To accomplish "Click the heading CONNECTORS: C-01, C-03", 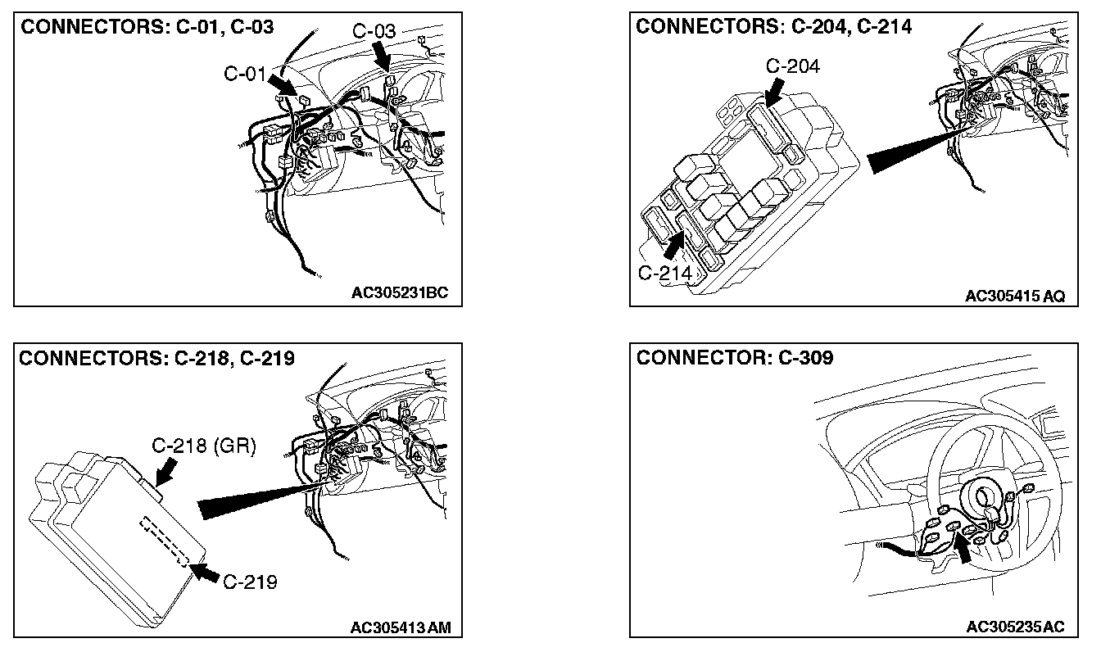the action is pos(147,27).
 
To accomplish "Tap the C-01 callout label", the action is pos(244,75).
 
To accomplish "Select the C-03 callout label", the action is pos(374,32).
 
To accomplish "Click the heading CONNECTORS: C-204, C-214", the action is pos(773,27).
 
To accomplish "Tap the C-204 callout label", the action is pos(791,66).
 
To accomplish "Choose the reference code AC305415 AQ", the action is pos(1014,296).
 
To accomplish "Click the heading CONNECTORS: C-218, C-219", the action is pos(156,359).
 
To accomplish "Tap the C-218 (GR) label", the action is pos(205,446).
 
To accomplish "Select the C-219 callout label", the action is pos(249,582).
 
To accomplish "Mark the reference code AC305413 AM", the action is pos(400,627).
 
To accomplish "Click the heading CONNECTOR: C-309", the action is pos(735,359).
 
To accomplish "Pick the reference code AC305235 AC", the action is pos(1015,627).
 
